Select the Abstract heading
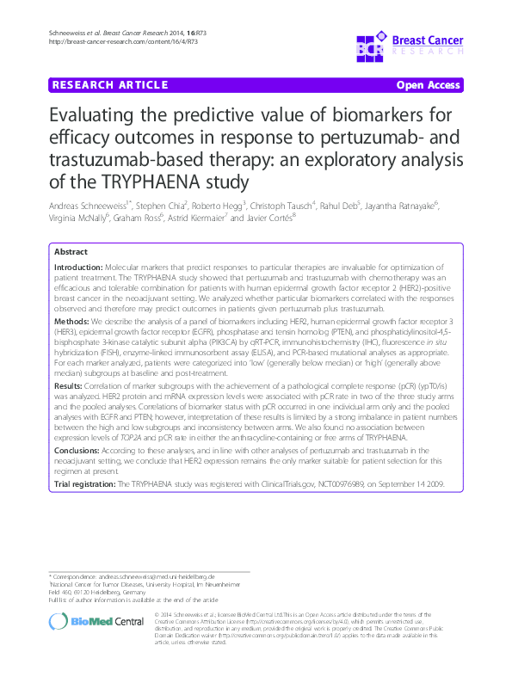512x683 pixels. pos(71,253)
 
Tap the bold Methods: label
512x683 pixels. pos(71,319)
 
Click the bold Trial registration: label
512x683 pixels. pos(84,485)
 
